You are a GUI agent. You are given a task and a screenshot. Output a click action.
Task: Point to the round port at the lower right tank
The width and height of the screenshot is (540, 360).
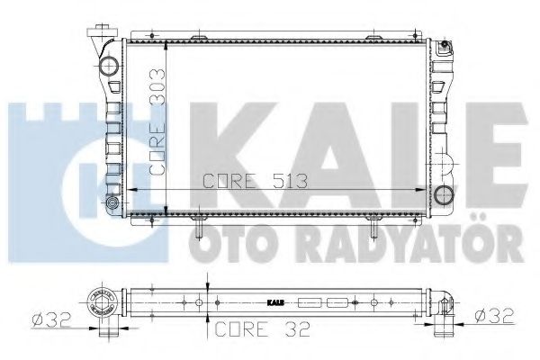click(x=441, y=193)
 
